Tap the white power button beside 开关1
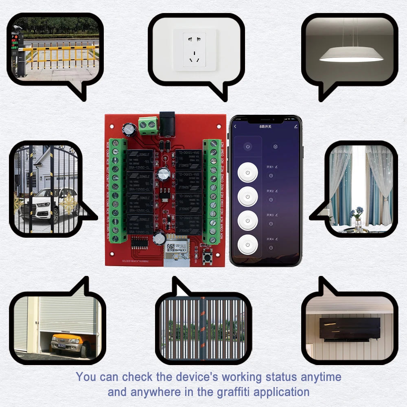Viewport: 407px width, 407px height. coord(247,173)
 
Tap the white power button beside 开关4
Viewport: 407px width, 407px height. coord(247,245)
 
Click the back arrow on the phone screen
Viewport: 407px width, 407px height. coord(235,127)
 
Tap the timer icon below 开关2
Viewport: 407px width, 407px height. coord(271,199)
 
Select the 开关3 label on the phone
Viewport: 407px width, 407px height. coord(270,215)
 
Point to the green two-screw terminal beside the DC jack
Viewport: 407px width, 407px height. coord(148,126)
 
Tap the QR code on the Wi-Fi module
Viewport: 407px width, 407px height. coord(171,247)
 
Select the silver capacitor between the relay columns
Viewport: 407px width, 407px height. coord(164,174)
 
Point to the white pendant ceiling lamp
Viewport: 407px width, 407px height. coord(351,55)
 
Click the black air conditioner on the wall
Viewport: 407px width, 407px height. coord(350,328)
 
